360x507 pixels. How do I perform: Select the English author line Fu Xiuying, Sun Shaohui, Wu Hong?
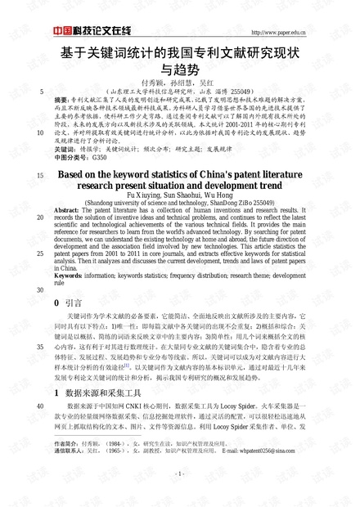click(182, 195)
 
